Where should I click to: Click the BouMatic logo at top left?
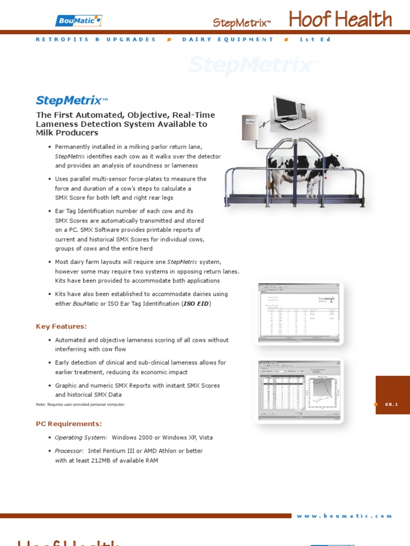(x=78, y=21)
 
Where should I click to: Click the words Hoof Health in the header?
(x=340, y=20)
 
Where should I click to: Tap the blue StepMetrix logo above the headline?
(x=68, y=100)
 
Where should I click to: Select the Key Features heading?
(x=61, y=326)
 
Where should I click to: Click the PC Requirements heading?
(x=68, y=424)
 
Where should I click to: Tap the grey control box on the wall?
(x=250, y=127)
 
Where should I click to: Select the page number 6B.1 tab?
(x=392, y=404)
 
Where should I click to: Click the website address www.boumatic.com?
(x=344, y=516)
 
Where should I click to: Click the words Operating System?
(x=81, y=438)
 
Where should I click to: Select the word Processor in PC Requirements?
(x=69, y=451)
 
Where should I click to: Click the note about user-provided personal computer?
(x=80, y=405)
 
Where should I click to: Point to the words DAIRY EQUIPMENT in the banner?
(x=227, y=39)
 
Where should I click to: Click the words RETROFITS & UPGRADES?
(x=96, y=39)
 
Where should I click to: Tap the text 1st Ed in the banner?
(x=311, y=39)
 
